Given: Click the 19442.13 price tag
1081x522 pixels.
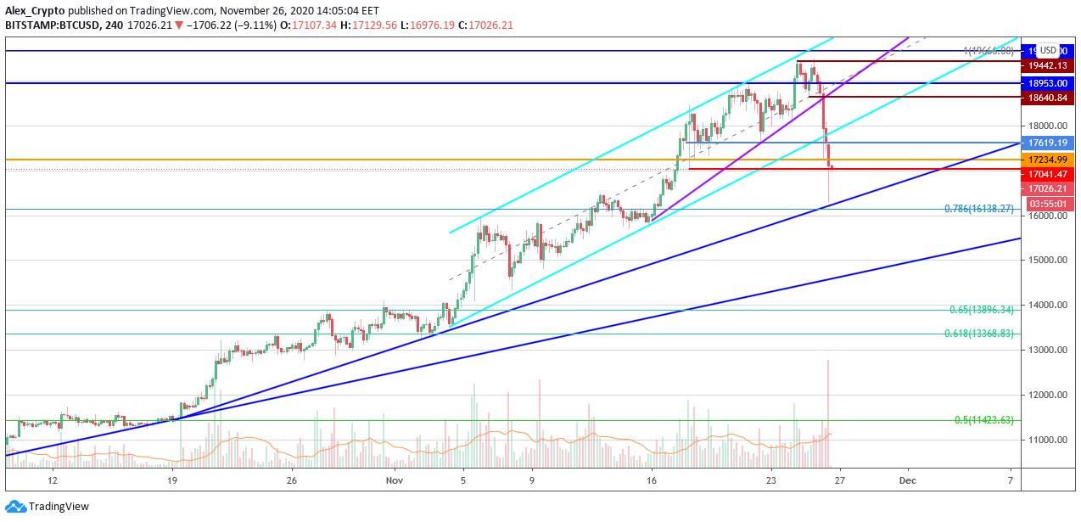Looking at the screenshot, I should click(x=1048, y=65).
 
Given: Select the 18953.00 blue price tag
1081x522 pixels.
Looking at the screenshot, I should click(x=1048, y=83).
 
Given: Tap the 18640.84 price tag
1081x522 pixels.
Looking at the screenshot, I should click(x=1048, y=98).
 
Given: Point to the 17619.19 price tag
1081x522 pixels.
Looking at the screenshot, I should click(x=1048, y=143).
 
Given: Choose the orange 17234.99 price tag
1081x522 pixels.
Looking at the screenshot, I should click(x=1048, y=159).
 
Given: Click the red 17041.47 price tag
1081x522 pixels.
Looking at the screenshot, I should click(x=1048, y=173).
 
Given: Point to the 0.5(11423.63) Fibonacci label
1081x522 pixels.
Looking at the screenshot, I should click(x=984, y=420).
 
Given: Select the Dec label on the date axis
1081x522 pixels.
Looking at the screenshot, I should click(x=907, y=480).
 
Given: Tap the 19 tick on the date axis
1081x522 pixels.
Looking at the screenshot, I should click(x=172, y=480).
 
